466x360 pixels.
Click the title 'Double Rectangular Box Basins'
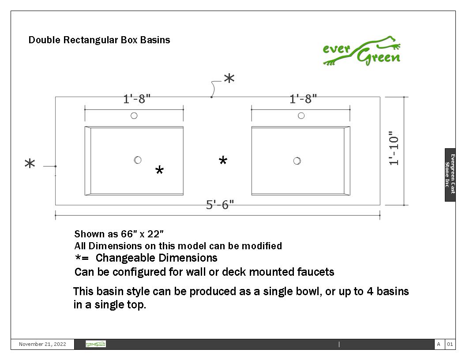point(99,40)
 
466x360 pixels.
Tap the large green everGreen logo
point(362,51)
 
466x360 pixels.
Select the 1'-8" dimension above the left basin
point(137,99)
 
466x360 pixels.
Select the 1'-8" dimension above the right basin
point(303,99)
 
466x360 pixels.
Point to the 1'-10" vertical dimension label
point(394,148)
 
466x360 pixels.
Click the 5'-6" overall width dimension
point(220,205)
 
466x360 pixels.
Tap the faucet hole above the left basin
point(134,116)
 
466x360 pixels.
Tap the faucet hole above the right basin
point(301,116)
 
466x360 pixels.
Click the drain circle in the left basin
point(138,160)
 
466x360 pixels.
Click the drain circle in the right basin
point(297,161)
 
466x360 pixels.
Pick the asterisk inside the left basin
point(160,170)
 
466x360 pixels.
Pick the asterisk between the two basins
point(223,161)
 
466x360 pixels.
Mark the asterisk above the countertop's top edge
point(229,79)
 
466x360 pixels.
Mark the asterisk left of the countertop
point(30,163)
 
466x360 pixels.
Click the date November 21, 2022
point(42,344)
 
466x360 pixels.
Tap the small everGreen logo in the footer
point(96,344)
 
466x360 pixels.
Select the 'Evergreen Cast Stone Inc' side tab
point(450,175)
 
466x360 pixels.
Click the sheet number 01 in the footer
point(450,344)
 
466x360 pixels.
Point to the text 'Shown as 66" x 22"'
point(119,234)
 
